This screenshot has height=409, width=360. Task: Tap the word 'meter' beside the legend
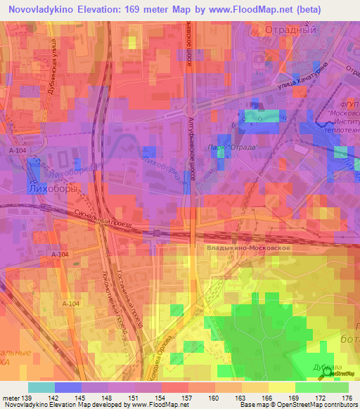pos(11,398)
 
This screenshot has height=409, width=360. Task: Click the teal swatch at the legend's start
pos(41,387)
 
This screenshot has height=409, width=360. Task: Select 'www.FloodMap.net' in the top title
pos(248,10)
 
